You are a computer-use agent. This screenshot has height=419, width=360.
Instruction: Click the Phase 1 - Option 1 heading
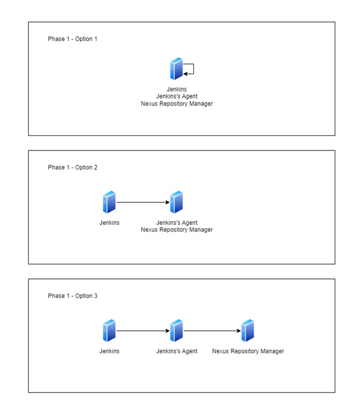pyautogui.click(x=73, y=39)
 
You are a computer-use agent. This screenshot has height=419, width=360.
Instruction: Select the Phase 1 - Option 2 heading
pyautogui.click(x=73, y=168)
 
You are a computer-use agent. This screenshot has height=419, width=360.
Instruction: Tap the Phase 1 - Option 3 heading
pyautogui.click(x=73, y=296)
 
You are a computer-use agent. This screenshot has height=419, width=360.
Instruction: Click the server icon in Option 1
pyautogui.click(x=177, y=69)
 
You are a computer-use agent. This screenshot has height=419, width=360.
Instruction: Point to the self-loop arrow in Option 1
pyautogui.click(x=193, y=69)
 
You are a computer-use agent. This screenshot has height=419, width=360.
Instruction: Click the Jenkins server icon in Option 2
pyautogui.click(x=109, y=202)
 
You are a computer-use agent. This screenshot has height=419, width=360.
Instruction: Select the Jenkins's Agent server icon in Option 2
pyautogui.click(x=177, y=202)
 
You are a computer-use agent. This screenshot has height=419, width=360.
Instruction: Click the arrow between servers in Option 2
pyautogui.click(x=143, y=202)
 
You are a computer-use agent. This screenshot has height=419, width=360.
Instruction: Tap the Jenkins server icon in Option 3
pyautogui.click(x=109, y=331)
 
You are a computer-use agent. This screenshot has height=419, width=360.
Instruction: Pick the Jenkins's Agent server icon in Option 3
pyautogui.click(x=177, y=331)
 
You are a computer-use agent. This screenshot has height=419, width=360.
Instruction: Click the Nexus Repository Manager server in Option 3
pyautogui.click(x=247, y=331)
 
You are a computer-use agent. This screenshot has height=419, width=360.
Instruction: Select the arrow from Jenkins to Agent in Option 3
pyautogui.click(x=143, y=331)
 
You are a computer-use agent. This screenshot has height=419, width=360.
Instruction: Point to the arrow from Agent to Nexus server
pyautogui.click(x=212, y=331)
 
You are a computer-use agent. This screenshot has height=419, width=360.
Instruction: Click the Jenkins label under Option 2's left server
pyautogui.click(x=110, y=222)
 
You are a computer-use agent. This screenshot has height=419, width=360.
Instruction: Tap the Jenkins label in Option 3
pyautogui.click(x=110, y=351)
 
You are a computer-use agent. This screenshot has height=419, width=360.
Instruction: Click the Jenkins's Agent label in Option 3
pyautogui.click(x=177, y=352)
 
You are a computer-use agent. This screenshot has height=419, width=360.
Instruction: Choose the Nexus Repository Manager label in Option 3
pyautogui.click(x=248, y=352)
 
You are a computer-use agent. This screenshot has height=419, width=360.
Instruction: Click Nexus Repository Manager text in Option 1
pyautogui.click(x=177, y=104)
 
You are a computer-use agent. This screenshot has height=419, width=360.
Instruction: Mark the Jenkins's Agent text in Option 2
pyautogui.click(x=177, y=223)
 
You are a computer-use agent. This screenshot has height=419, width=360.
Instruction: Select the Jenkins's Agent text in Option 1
pyautogui.click(x=177, y=96)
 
